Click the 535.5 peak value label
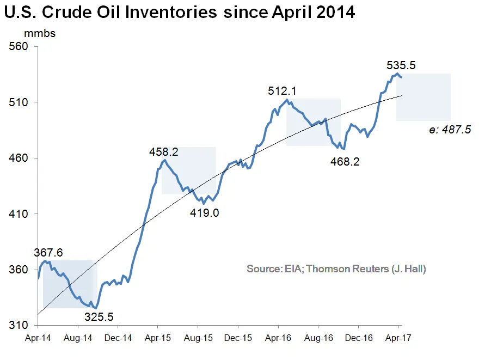click(401, 65)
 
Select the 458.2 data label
click(164, 152)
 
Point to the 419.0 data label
click(204, 212)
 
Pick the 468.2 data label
click(346, 162)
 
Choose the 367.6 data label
click(48, 253)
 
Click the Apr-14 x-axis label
click(38, 338)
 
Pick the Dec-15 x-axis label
click(238, 338)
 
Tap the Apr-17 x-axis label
click(398, 338)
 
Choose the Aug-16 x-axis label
click(318, 338)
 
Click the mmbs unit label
click(39, 34)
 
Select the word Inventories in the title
click(164, 12)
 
